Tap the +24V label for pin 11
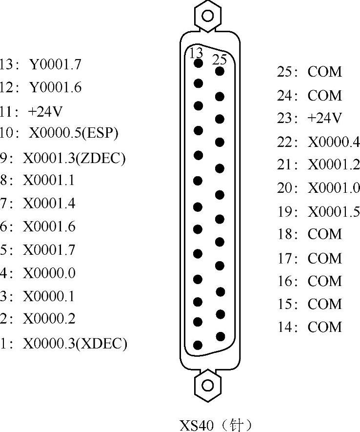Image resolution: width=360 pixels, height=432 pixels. point(45,112)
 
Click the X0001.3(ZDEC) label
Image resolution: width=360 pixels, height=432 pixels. point(74,159)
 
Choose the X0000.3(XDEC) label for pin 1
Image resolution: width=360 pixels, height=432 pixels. point(75,344)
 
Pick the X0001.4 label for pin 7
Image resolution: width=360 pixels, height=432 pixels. point(49,203)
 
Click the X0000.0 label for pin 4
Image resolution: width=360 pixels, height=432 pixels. point(49,273)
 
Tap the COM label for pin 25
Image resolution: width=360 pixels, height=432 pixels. point(324,72)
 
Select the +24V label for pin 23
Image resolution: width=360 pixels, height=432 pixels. point(324,118)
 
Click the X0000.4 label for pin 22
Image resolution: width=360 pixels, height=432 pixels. point(334,142)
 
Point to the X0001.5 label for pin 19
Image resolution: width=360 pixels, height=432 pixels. point(334,212)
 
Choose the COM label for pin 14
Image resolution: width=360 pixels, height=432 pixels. point(324,327)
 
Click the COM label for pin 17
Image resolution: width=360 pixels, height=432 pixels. point(324,258)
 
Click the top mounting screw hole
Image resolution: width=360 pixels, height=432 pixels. point(207,15)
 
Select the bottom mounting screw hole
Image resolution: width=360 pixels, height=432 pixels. point(208,385)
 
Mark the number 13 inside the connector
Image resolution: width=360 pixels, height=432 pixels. point(196,53)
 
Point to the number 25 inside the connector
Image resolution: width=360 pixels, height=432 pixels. point(220,60)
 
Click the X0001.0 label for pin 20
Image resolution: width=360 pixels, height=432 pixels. point(334,188)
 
